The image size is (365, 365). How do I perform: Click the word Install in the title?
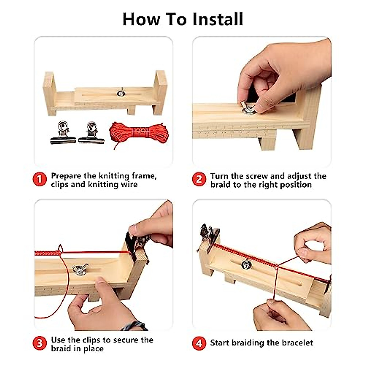tap(218, 19)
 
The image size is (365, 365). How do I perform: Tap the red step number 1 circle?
tap(40, 179)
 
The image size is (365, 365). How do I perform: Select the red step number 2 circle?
tap(199, 179)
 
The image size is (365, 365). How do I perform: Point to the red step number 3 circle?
tap(40, 343)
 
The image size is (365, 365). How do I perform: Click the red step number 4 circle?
tap(199, 343)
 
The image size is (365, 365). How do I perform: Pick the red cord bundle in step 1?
tap(139, 133)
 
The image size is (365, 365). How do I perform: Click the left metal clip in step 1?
tap(63, 132)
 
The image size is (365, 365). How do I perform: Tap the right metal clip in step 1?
tap(91, 132)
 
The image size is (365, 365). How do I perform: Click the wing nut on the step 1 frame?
tap(121, 92)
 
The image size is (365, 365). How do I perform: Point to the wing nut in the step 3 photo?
tap(80, 268)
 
